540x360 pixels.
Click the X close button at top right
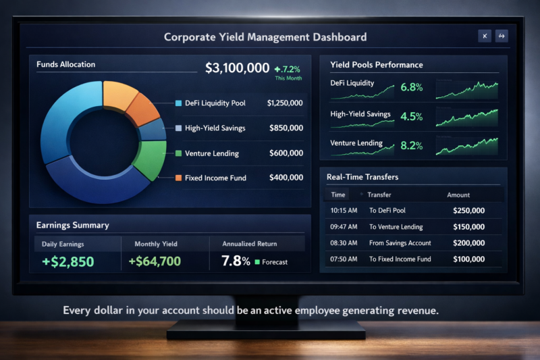(484, 36)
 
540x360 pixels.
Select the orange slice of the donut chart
(141, 108)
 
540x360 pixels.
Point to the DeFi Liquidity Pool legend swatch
(178, 103)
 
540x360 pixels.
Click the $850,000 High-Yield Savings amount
(286, 128)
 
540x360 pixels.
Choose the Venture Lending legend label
(211, 153)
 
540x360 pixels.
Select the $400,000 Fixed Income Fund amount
(286, 178)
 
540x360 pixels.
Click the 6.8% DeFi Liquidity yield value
(411, 87)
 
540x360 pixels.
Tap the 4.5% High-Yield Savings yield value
(411, 116)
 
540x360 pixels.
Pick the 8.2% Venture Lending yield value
(411, 145)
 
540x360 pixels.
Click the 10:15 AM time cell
(343, 210)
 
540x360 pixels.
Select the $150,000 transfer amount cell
(468, 227)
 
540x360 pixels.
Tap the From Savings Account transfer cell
(400, 243)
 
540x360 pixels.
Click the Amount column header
(458, 195)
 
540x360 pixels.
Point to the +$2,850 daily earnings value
(67, 261)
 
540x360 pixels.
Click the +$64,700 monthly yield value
(155, 261)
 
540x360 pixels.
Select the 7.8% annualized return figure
(236, 261)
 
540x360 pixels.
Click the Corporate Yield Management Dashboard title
(265, 37)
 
